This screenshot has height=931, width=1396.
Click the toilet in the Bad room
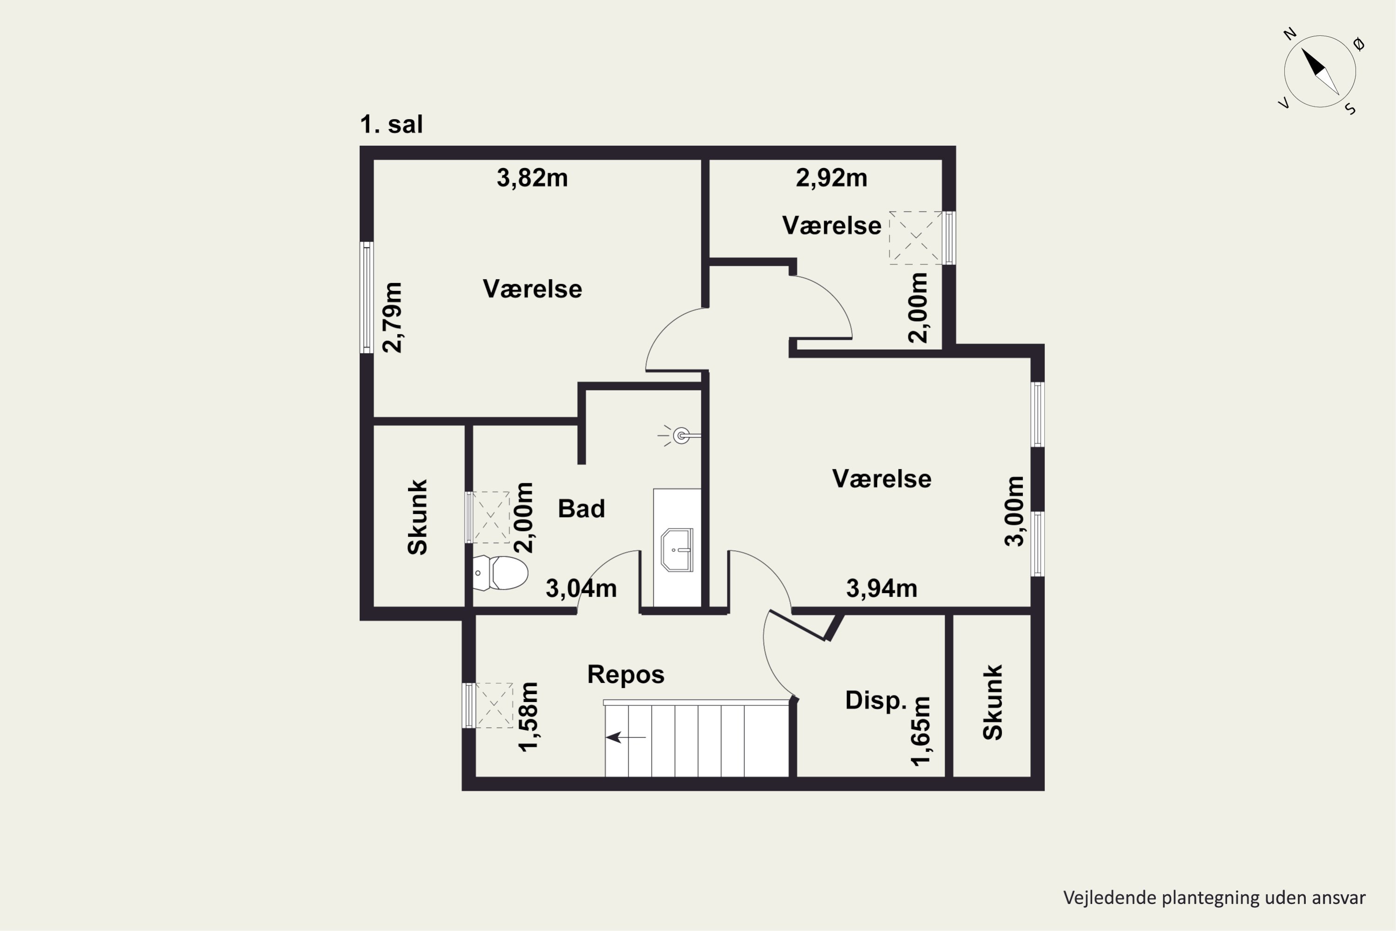coord(500,573)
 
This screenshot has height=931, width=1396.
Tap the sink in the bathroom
coord(677,550)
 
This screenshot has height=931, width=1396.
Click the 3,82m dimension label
coord(532,178)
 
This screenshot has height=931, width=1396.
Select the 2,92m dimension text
coord(832,178)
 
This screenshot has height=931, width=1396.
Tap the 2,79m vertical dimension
coord(392,317)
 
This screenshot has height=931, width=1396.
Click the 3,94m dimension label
coord(881,588)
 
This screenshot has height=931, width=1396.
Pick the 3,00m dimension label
coord(1014,511)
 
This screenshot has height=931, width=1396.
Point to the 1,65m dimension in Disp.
coord(920,731)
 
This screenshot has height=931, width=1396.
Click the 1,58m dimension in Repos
coord(528,717)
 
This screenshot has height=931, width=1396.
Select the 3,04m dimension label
coord(581,588)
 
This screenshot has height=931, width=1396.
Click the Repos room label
coord(625,675)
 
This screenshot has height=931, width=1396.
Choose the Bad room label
coord(581,509)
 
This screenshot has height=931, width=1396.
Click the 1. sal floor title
coord(391,125)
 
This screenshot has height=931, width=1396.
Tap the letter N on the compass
coord(1290,34)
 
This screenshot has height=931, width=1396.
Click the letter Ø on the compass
coord(1359,44)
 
